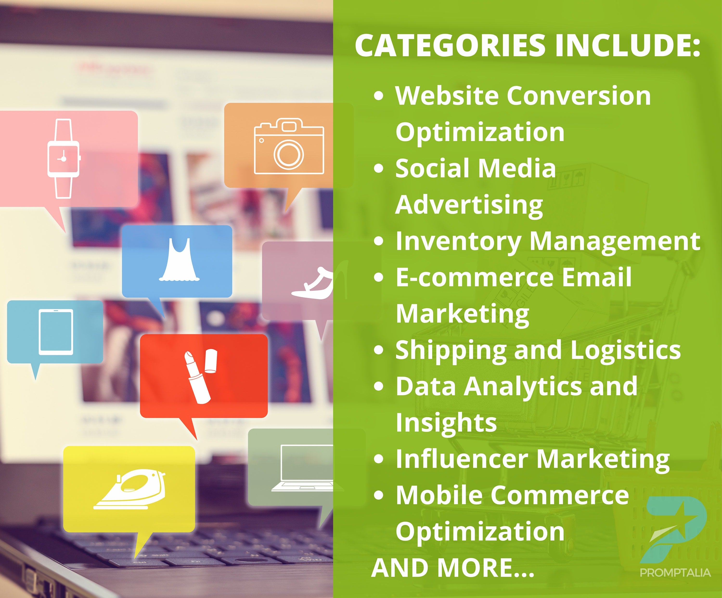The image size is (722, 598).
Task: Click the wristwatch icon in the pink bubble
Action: pos(64,158)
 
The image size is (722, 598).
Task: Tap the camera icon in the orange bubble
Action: pos(289,146)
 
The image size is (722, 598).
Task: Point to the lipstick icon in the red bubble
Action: pos(201,376)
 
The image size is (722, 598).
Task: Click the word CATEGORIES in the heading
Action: pos(450,45)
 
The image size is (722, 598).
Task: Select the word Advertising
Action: pos(469,205)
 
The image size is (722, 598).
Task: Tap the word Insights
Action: pos(446,423)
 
